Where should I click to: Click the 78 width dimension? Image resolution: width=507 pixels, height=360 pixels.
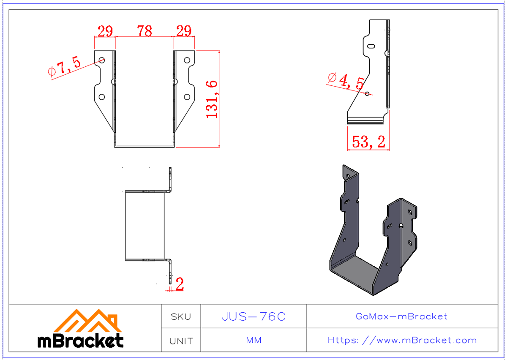pyautogui.click(x=144, y=31)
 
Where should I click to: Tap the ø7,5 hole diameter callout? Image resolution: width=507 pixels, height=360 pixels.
pyautogui.click(x=64, y=67)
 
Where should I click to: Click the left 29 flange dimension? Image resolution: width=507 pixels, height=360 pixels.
pyautogui.click(x=105, y=31)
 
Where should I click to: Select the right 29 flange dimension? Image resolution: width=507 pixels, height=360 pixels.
pyautogui.click(x=183, y=31)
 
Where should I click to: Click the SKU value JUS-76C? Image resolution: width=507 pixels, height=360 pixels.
pyautogui.click(x=253, y=316)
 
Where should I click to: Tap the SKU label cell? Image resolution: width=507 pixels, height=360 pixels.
pyautogui.click(x=181, y=316)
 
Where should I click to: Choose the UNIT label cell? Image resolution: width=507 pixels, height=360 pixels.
pyautogui.click(x=181, y=341)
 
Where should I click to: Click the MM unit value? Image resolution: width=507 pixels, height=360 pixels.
pyautogui.click(x=253, y=340)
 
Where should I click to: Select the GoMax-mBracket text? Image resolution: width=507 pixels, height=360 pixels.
pyautogui.click(x=401, y=316)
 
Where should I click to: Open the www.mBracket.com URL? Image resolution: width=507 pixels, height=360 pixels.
pyautogui.click(x=402, y=340)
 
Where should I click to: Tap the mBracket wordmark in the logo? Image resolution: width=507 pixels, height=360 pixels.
pyautogui.click(x=81, y=341)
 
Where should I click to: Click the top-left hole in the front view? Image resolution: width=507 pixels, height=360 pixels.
pyautogui.click(x=102, y=60)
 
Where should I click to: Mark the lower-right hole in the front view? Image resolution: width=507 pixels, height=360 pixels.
pyautogui.click(x=186, y=97)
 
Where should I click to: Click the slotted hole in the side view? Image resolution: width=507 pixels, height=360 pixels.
pyautogui.click(x=371, y=46)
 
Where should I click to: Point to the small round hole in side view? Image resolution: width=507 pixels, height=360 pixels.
pyautogui.click(x=367, y=93)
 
